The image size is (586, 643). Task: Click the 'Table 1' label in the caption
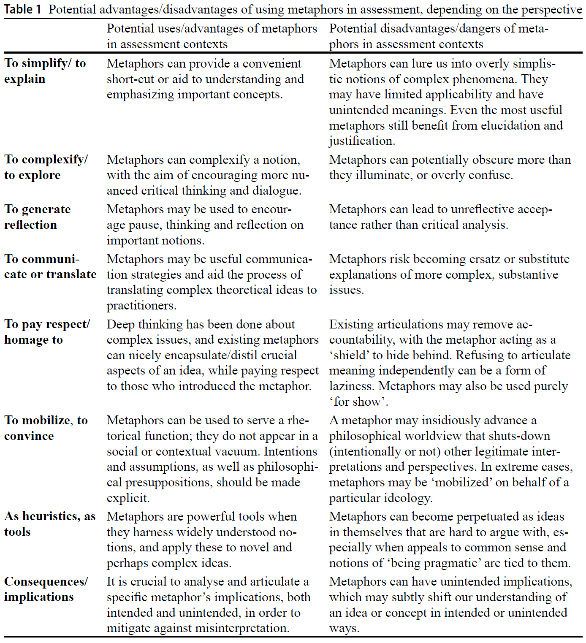click(x=23, y=9)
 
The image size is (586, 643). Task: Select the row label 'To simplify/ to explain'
click(x=45, y=71)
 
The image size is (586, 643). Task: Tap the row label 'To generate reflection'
click(x=37, y=217)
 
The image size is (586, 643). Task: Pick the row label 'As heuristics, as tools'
click(x=49, y=524)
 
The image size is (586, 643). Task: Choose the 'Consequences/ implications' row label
click(x=46, y=589)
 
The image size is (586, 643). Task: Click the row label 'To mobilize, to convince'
click(x=46, y=428)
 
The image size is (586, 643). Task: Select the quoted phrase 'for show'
click(x=359, y=402)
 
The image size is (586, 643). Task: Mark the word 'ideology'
click(x=408, y=498)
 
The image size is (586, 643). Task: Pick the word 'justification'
click(x=361, y=141)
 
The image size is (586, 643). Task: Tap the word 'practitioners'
click(x=141, y=306)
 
